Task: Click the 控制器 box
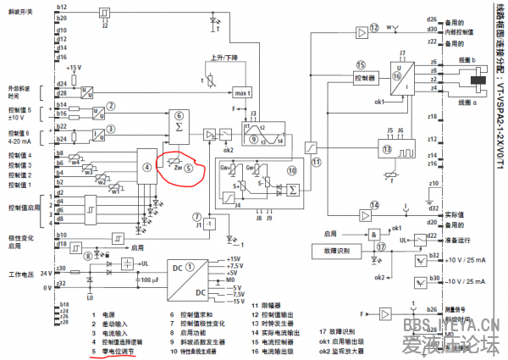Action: tap(366, 78)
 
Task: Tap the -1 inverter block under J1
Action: tap(211, 223)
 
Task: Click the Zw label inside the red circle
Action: tap(177, 167)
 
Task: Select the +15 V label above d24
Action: tap(74, 67)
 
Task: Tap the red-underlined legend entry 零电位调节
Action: tap(118, 346)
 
